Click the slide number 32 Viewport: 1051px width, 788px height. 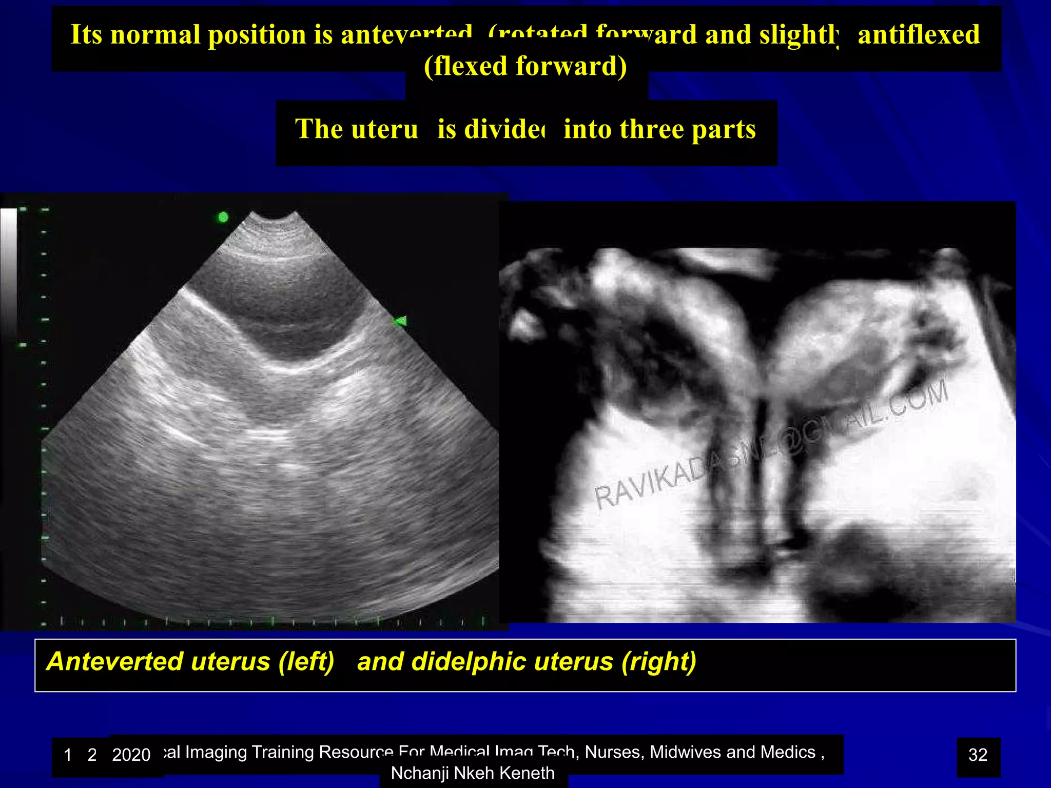(978, 755)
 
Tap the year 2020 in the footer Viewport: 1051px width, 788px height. (131, 755)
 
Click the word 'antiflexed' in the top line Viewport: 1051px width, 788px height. (919, 35)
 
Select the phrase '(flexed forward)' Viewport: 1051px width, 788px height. (525, 66)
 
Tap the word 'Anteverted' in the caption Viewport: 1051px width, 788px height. (115, 661)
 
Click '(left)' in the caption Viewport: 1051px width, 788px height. (306, 661)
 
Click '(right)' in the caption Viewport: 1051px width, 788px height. (659, 661)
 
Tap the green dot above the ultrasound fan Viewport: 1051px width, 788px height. (223, 218)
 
